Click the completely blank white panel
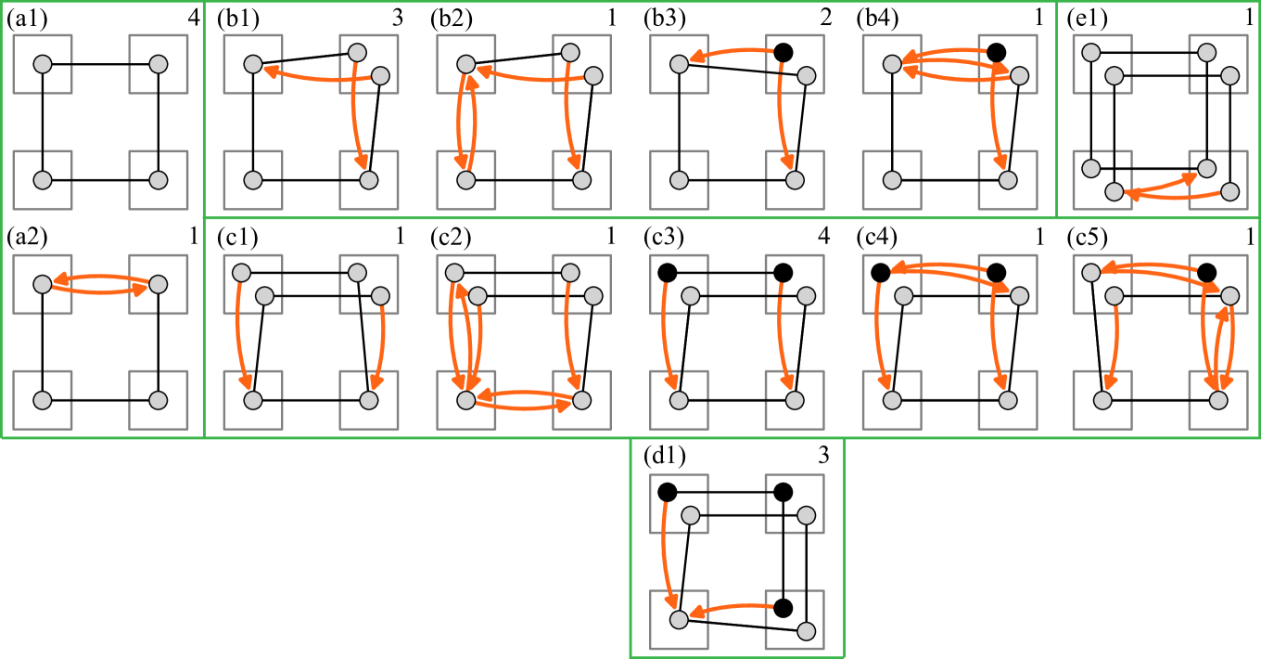click(311, 561)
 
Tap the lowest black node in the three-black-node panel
click(783, 608)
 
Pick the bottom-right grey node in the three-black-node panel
click(806, 631)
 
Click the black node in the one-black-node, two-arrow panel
click(783, 53)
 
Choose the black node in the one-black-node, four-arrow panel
click(996, 53)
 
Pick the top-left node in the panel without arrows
click(43, 64)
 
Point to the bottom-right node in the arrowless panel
click(159, 180)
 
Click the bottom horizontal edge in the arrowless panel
click(100, 180)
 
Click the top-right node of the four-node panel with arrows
click(159, 284)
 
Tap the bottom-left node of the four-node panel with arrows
click(43, 400)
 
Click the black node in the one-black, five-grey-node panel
click(1206, 273)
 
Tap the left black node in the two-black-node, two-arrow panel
click(668, 273)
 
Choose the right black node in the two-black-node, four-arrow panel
click(996, 273)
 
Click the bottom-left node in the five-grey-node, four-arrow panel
click(466, 180)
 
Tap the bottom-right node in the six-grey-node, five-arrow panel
click(581, 400)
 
